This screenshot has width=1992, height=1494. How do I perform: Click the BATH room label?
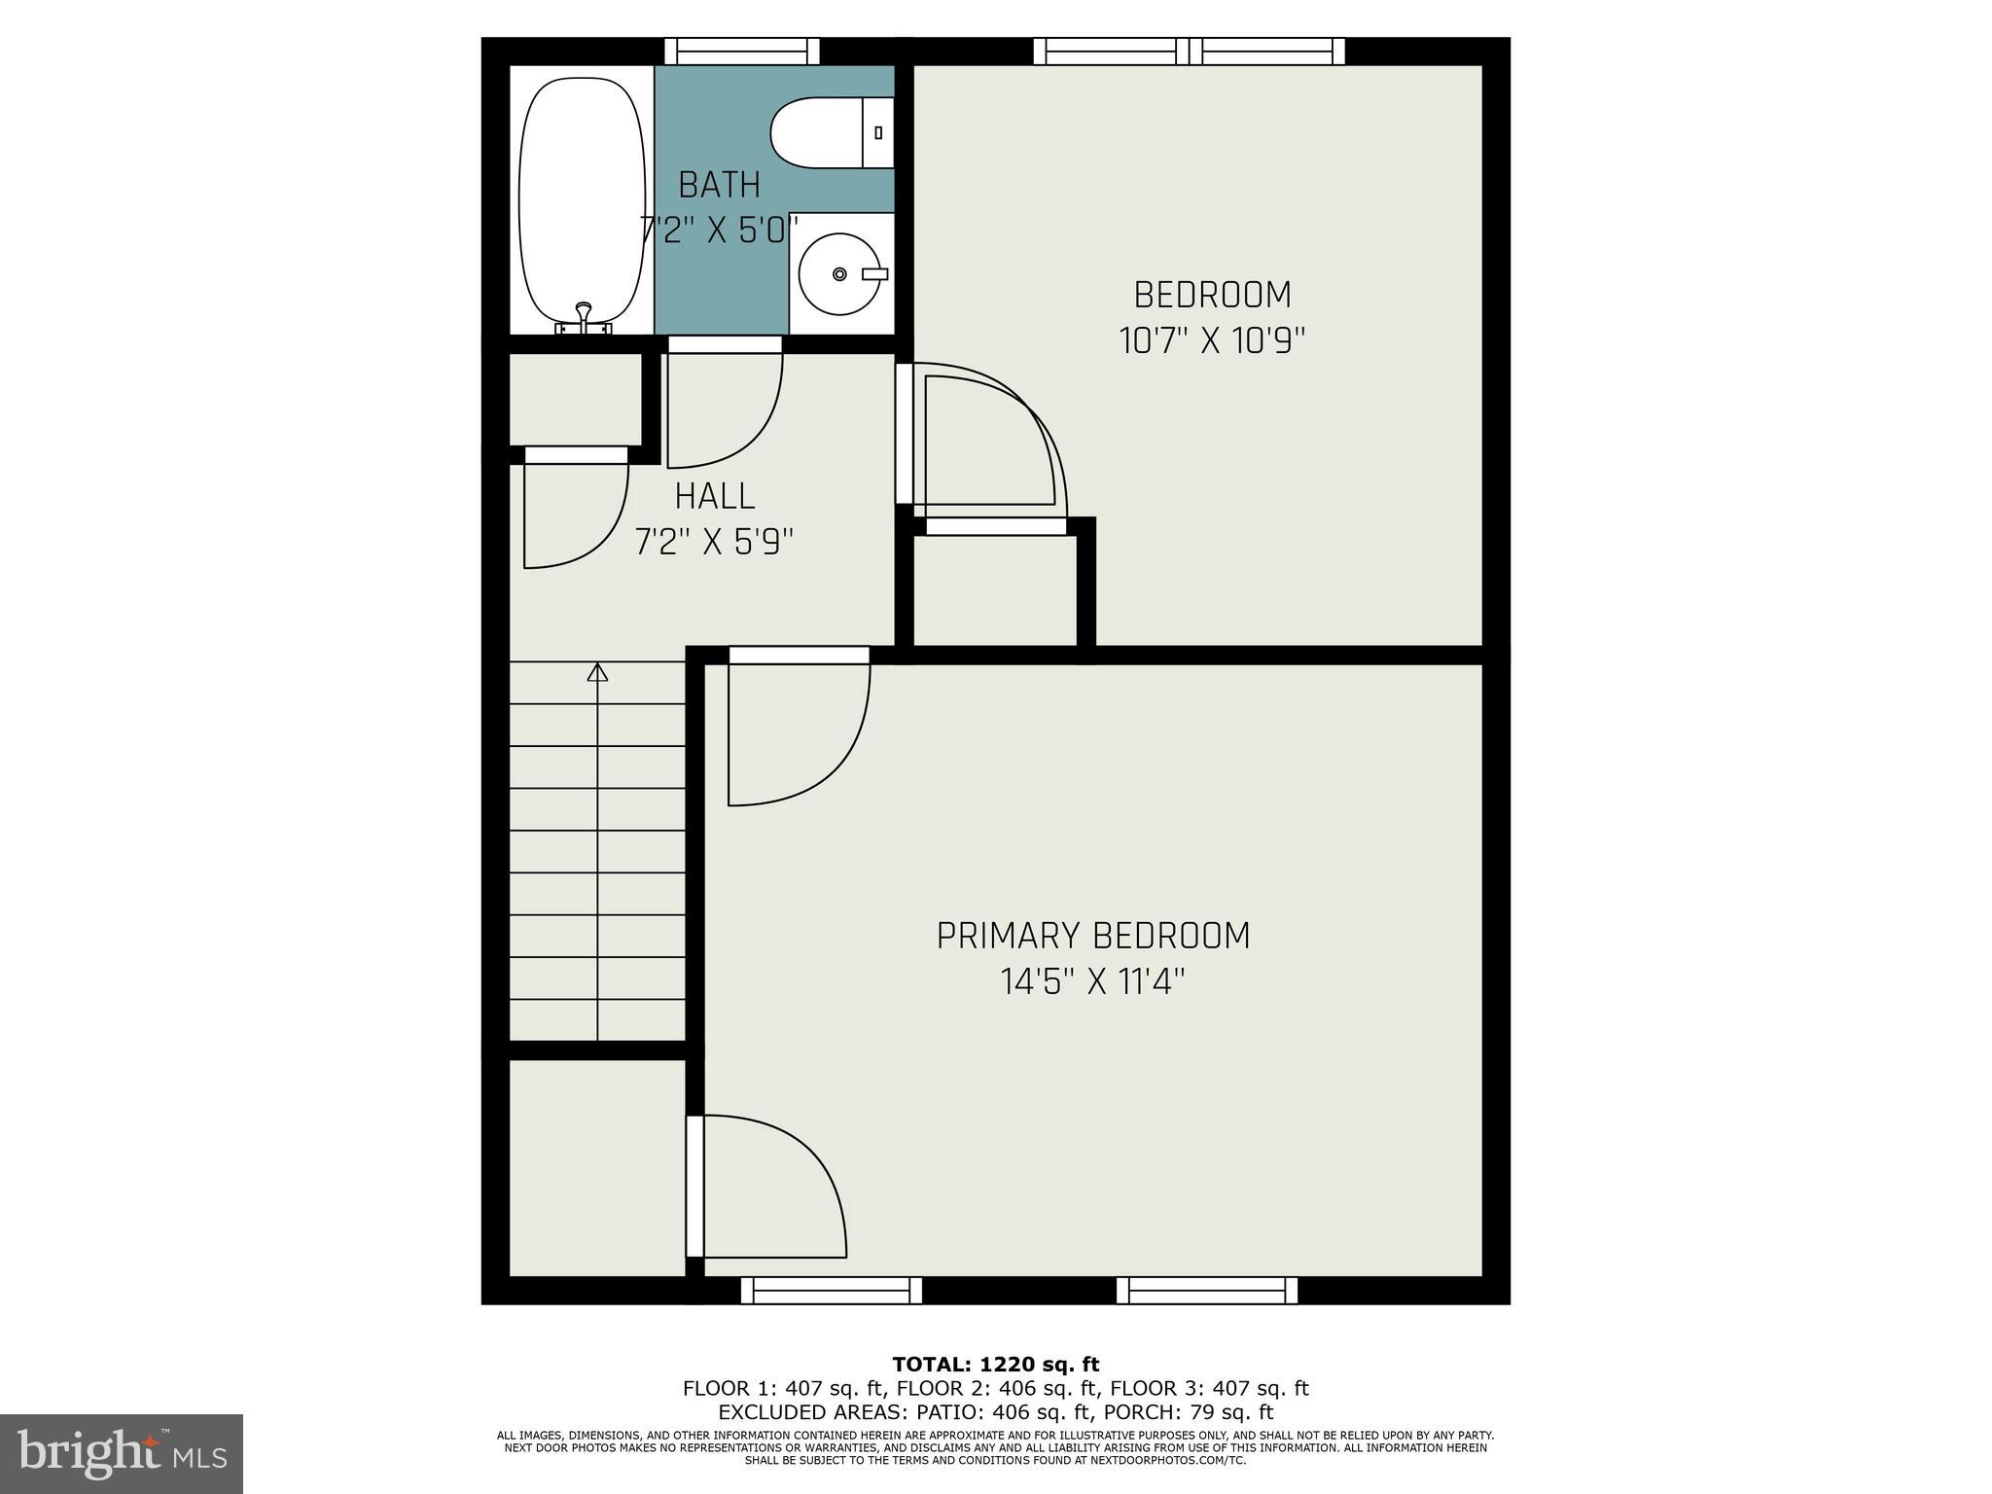719,184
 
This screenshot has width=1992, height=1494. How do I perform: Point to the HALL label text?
715,496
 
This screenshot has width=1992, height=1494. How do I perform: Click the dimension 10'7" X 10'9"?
1212,340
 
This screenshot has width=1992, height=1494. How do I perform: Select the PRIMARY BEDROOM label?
1092,936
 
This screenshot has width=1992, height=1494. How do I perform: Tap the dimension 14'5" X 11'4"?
1092,981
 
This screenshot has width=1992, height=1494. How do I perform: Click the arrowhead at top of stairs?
597,672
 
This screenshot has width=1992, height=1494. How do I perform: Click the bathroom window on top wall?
741,51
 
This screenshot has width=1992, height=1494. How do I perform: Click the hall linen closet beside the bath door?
576,399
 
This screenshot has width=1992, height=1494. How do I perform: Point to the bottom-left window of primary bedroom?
831,1290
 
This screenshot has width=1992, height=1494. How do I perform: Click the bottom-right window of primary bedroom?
1206,1290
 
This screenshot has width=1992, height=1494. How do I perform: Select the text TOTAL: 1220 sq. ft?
995,1365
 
